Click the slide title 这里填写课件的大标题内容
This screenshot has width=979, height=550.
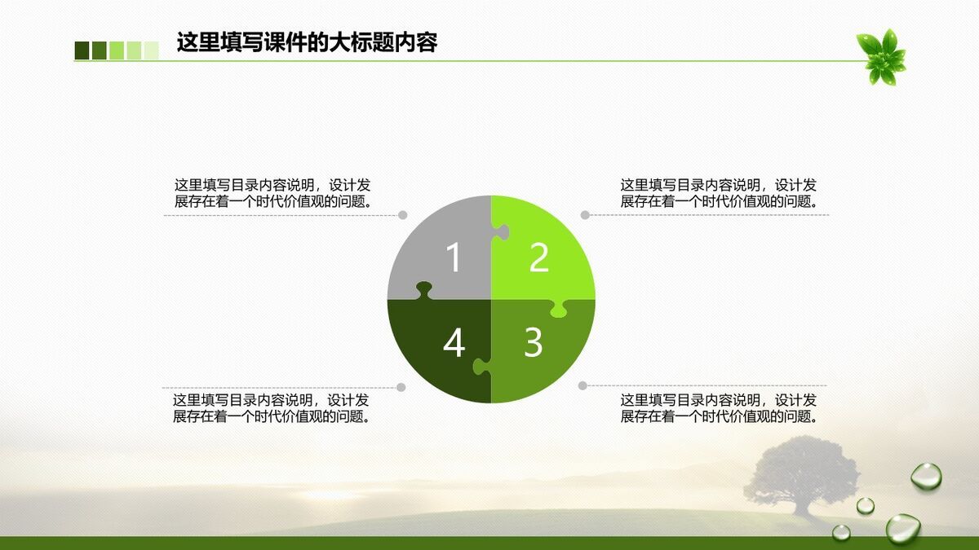(307, 42)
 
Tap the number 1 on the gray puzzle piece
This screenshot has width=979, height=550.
(454, 257)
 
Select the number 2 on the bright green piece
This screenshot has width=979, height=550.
(538, 257)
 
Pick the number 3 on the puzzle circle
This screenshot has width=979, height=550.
(533, 343)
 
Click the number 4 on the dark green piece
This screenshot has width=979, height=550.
(454, 343)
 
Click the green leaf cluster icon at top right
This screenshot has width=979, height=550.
(882, 57)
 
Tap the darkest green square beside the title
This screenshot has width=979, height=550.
(82, 51)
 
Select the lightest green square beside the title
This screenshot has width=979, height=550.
(151, 51)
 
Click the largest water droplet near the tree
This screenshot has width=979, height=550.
(902, 528)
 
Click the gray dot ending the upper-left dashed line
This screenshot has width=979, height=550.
(402, 215)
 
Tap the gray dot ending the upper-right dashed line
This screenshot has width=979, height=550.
(585, 215)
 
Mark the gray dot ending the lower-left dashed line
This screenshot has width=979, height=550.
(401, 387)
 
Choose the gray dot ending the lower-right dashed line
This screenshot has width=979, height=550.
(583, 385)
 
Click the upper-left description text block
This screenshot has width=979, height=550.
(273, 193)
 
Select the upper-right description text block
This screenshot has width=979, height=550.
(719, 193)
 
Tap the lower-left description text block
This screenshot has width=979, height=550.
(272, 408)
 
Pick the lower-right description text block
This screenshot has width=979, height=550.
(719, 408)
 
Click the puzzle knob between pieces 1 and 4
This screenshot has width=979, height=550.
(424, 290)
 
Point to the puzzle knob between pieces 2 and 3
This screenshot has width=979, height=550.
(559, 308)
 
